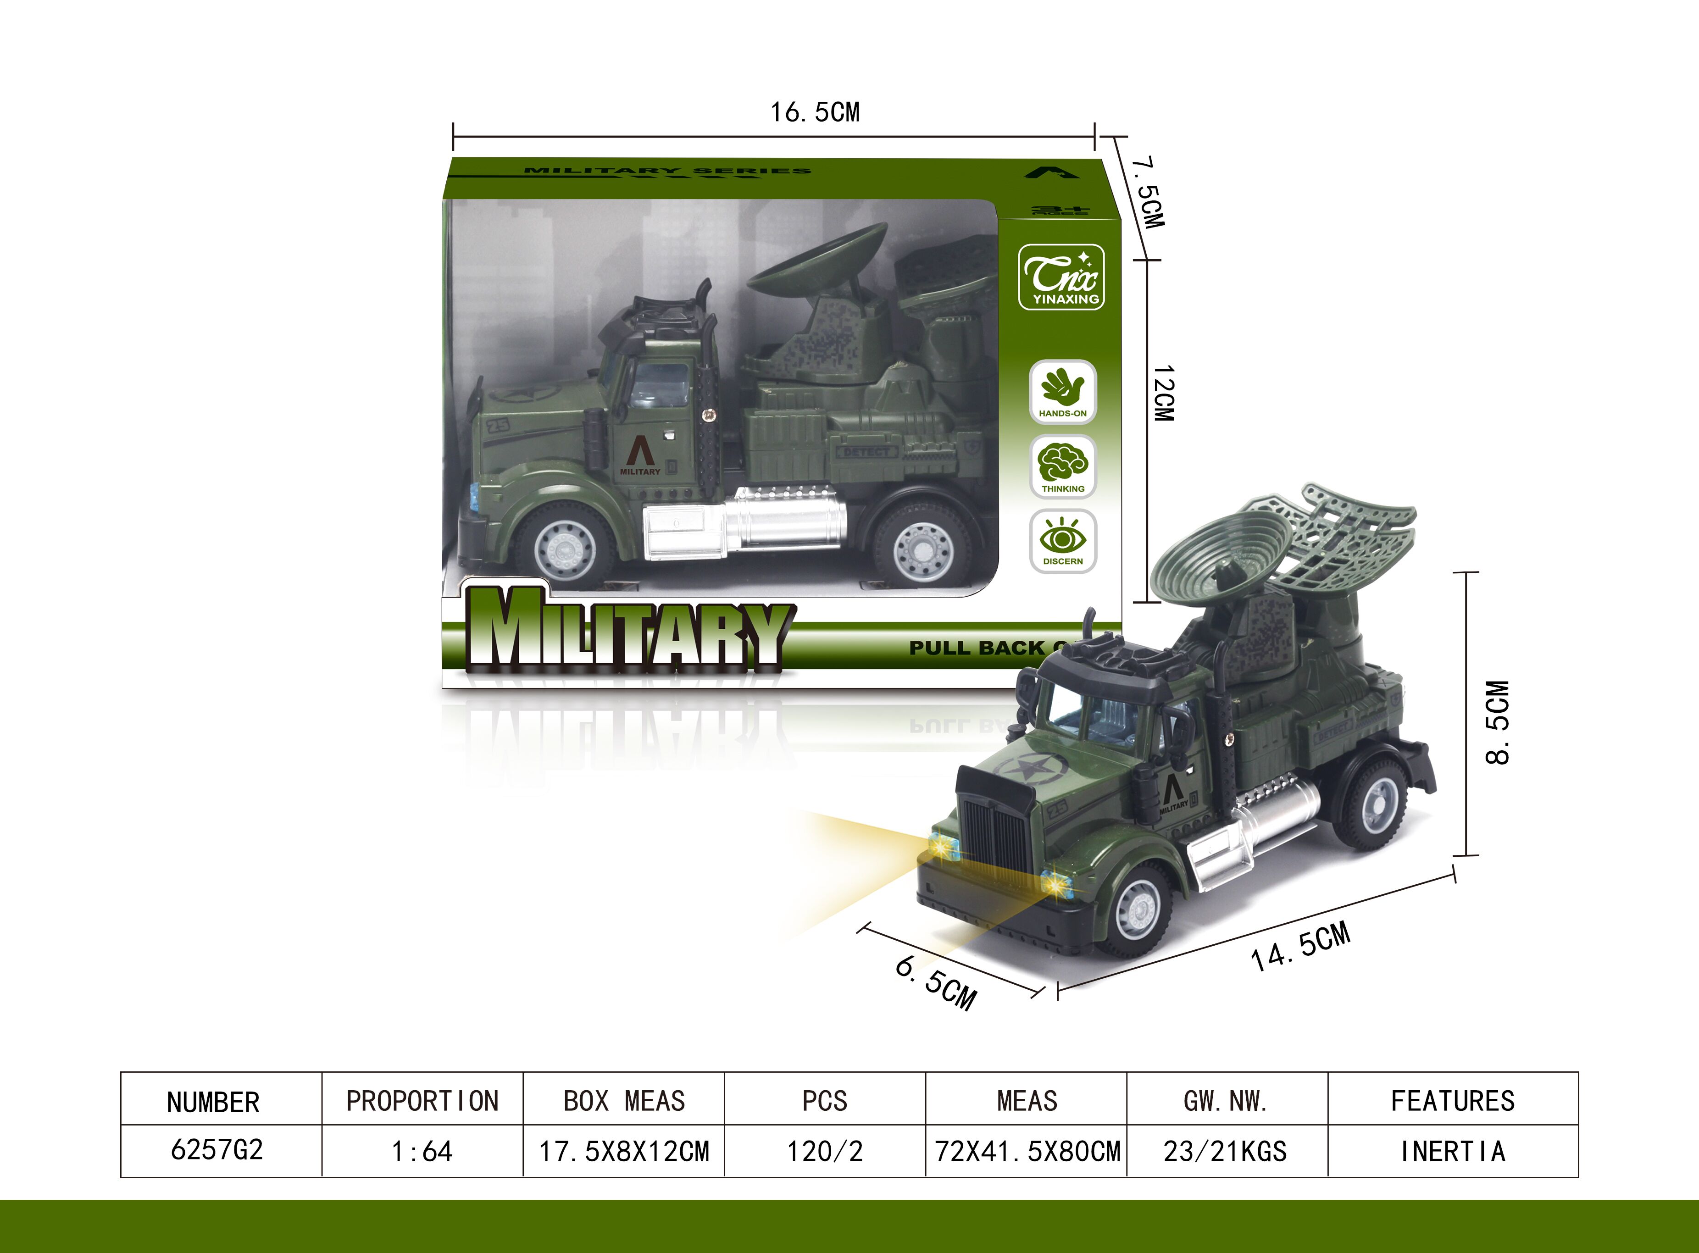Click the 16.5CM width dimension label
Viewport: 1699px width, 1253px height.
coord(816,112)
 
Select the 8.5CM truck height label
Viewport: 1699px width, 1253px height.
coord(1497,723)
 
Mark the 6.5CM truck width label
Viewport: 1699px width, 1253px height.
coord(936,982)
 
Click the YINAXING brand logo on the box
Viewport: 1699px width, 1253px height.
coord(1061,277)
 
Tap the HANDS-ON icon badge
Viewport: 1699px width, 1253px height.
coord(1063,391)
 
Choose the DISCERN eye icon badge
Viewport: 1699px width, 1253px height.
coord(1063,541)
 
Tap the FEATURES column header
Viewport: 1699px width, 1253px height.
coord(1453,1101)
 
